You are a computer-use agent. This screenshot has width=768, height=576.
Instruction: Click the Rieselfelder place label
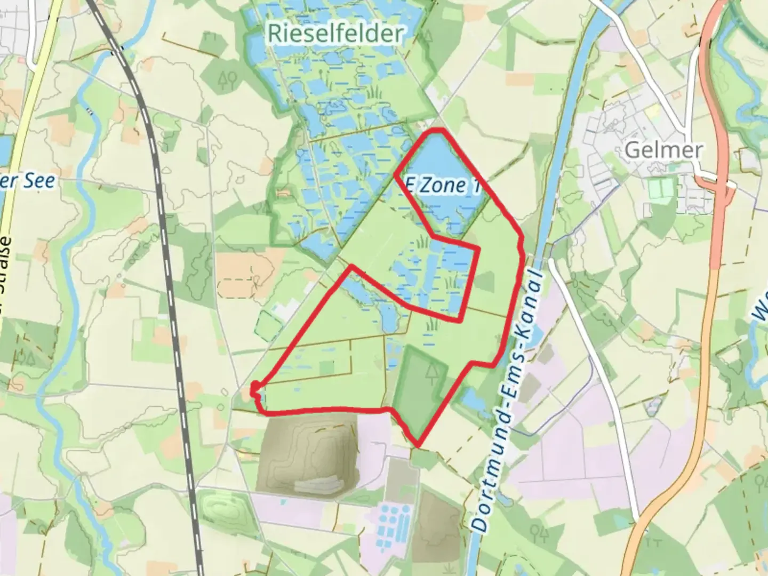tap(335, 34)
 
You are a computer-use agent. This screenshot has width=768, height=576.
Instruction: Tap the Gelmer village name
tap(663, 150)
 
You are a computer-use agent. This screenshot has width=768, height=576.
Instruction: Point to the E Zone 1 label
tap(442, 186)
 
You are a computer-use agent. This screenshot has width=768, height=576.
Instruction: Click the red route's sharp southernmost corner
tap(418, 445)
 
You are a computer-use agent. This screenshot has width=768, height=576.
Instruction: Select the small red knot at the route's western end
tap(255, 388)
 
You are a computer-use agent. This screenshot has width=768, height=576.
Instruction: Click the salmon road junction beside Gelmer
tap(721, 187)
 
